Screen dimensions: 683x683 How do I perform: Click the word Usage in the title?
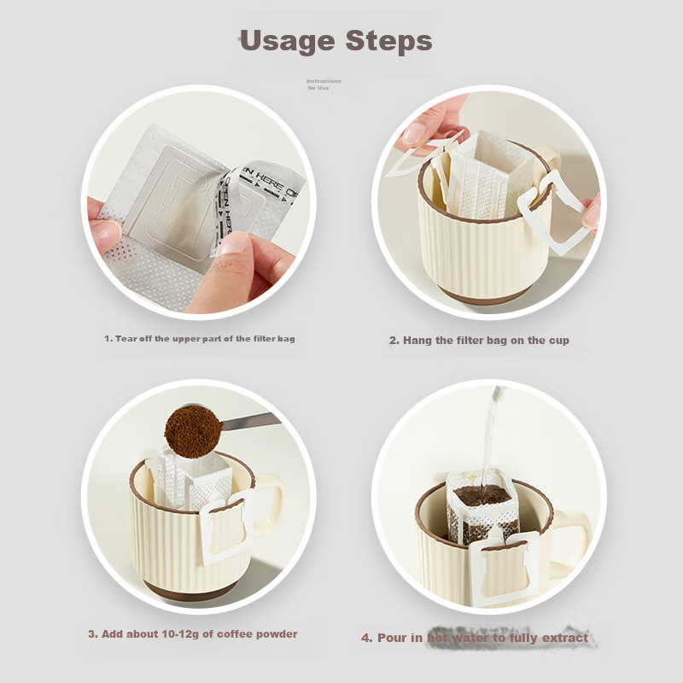(x=286, y=41)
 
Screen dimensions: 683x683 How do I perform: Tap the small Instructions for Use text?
(x=324, y=85)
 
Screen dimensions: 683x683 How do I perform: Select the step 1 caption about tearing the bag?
(x=199, y=339)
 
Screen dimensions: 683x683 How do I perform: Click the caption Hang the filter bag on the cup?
(x=479, y=340)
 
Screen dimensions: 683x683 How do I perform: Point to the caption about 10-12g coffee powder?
(x=192, y=634)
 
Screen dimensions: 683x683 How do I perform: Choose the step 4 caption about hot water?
(x=474, y=638)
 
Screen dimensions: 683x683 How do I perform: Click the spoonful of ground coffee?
(x=192, y=429)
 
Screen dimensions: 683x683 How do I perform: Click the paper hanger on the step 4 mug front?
(x=505, y=568)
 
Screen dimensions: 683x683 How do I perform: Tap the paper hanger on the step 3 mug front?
(x=225, y=527)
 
